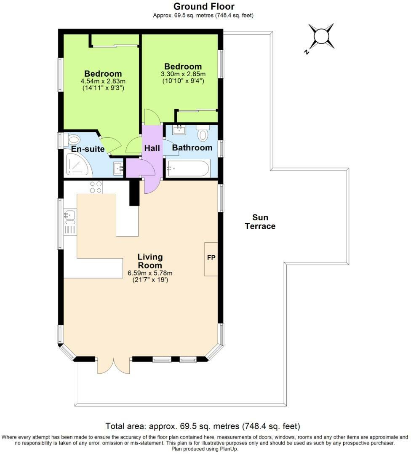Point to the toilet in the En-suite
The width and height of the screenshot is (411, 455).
coord(73,140)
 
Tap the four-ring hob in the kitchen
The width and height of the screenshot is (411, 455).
coord(96,187)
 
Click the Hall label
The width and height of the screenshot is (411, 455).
coord(152,148)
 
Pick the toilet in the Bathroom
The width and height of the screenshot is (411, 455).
coord(203,134)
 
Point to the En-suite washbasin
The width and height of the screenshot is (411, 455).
coord(118,169)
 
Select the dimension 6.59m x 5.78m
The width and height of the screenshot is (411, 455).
coord(150,273)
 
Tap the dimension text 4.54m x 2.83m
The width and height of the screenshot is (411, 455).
coord(103,81)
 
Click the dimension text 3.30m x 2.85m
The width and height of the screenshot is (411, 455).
coord(183,74)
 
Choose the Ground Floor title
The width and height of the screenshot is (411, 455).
coord(204,6)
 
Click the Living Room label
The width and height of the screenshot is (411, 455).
coord(150,261)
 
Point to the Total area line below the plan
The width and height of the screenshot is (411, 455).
coord(203,426)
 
